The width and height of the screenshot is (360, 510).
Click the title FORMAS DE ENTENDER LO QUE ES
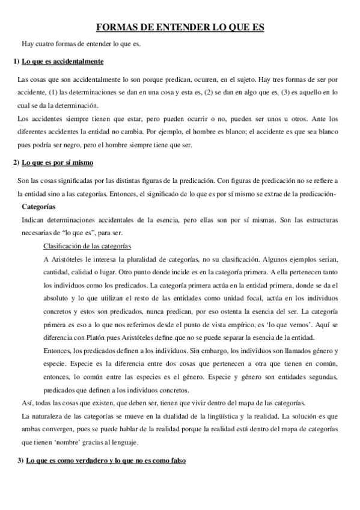(x=180, y=27)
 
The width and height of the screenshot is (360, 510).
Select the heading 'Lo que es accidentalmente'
(x=63, y=61)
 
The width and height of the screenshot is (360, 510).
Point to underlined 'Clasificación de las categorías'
(x=88, y=247)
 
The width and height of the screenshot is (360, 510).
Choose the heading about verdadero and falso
(x=103, y=460)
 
